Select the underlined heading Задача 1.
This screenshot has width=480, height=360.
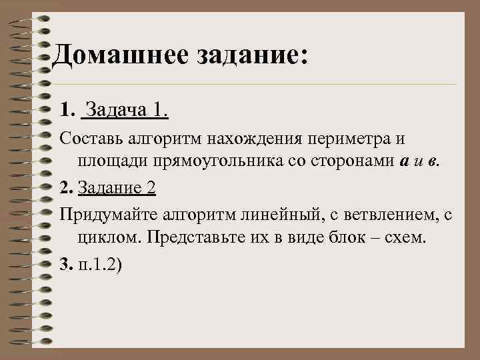point(127,109)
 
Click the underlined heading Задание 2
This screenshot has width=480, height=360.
point(117,188)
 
